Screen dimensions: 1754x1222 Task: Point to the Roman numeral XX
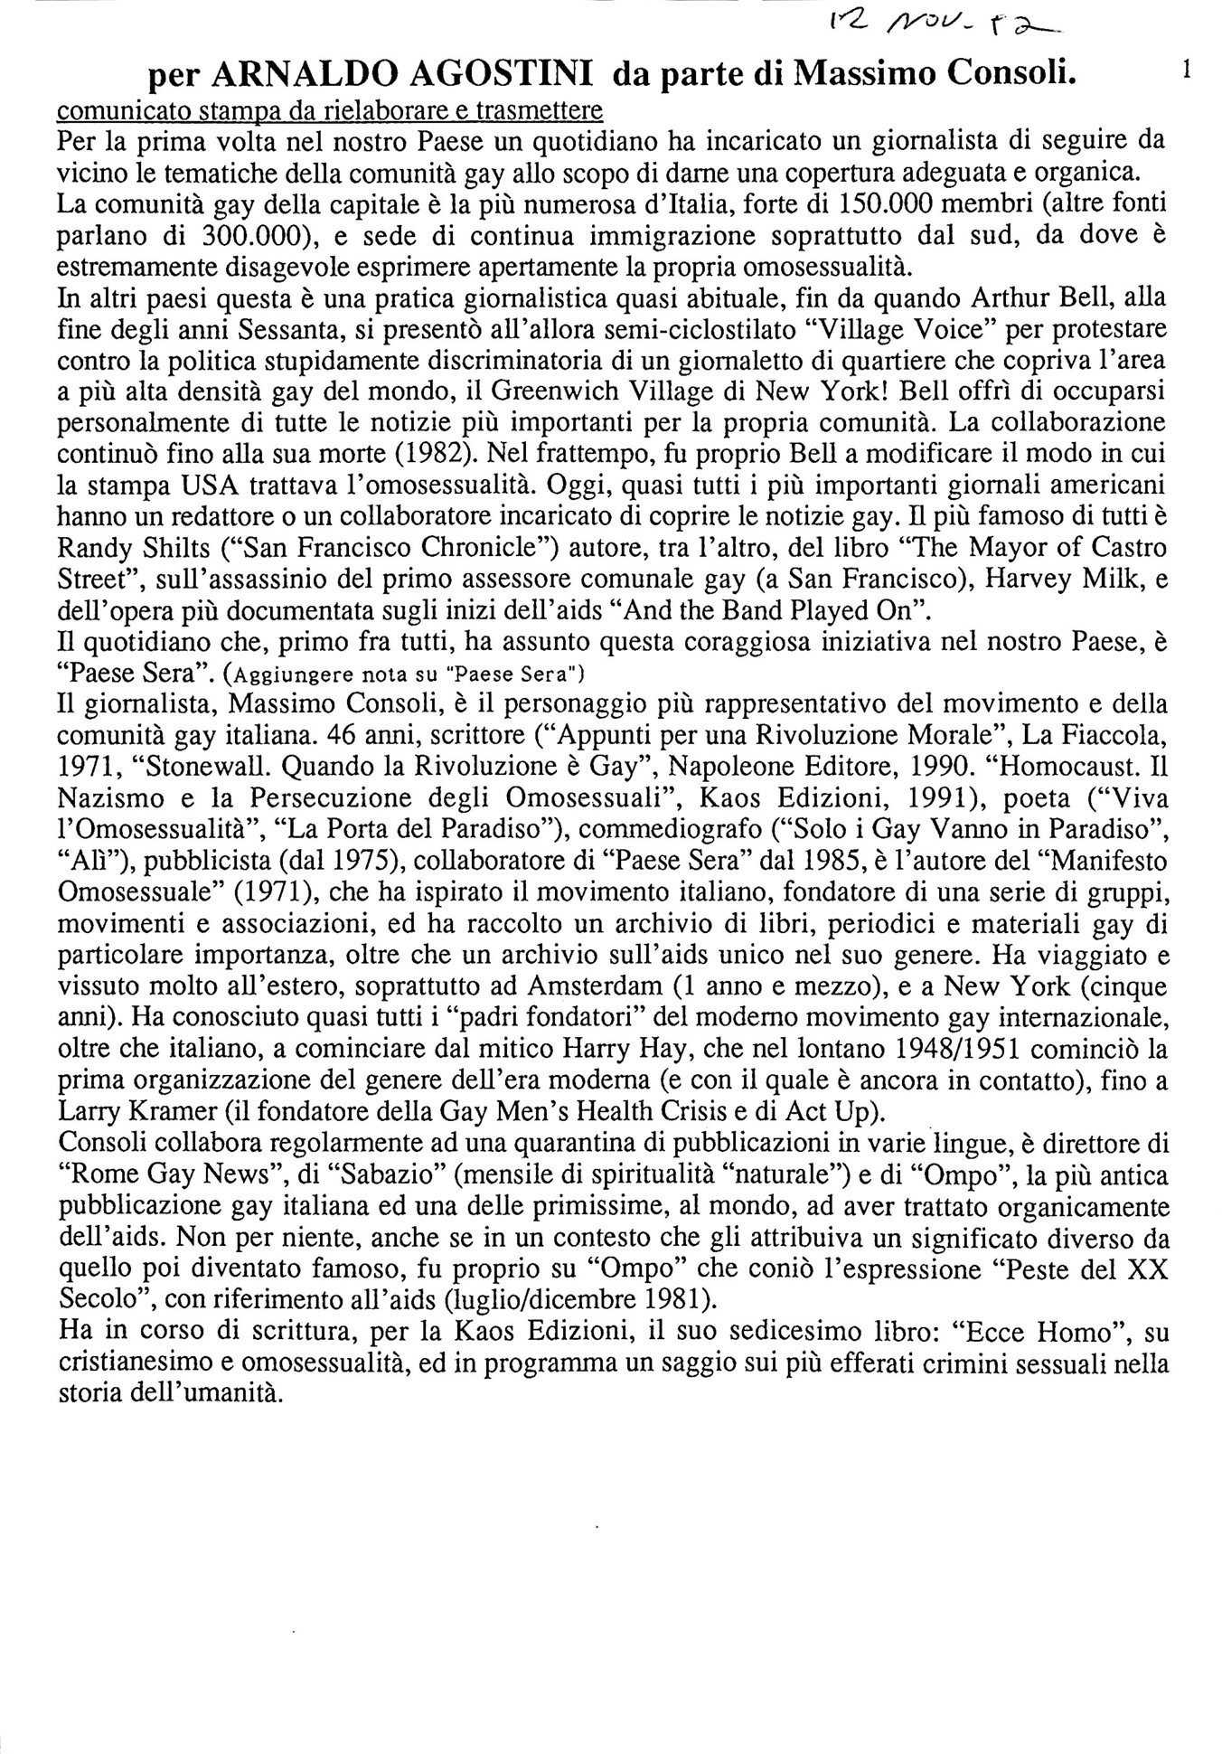1148,1267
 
